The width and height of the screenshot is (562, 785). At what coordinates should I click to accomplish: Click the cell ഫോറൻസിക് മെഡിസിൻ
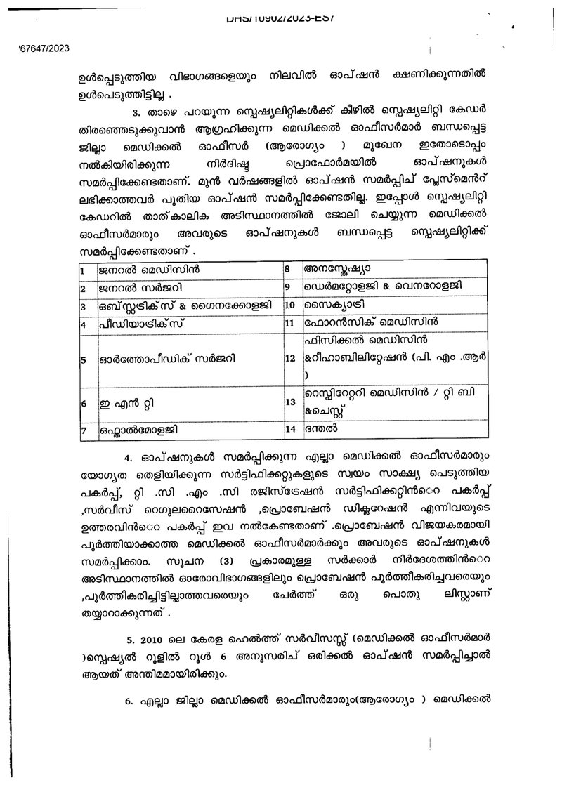tap(370, 324)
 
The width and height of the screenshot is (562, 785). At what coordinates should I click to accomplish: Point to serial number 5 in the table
tap(83, 360)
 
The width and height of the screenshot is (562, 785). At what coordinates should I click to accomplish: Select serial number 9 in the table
tap(287, 287)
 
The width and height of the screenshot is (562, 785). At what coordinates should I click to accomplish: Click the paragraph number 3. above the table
tap(138, 112)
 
